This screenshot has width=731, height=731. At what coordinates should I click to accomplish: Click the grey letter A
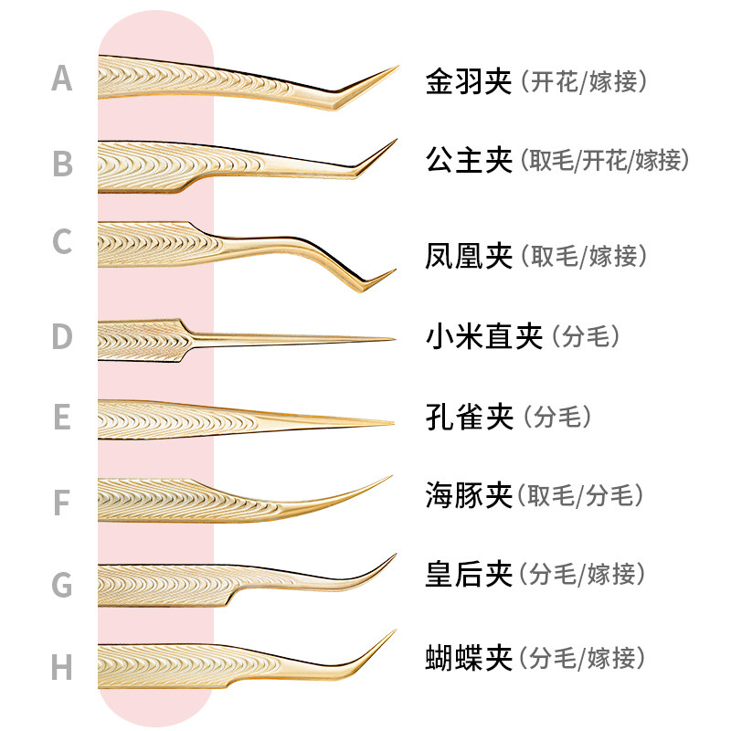(x=61, y=79)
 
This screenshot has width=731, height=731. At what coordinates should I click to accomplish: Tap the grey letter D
(x=61, y=336)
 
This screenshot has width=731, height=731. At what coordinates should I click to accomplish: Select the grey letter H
(x=61, y=667)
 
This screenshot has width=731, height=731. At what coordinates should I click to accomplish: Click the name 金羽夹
(x=469, y=81)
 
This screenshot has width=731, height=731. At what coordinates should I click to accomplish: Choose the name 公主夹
(x=469, y=161)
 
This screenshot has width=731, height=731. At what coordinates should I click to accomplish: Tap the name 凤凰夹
(x=469, y=256)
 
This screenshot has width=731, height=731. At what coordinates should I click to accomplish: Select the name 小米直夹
(x=483, y=336)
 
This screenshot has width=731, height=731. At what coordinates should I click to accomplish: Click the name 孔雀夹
(x=469, y=417)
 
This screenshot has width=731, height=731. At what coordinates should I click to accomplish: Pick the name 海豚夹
(x=469, y=495)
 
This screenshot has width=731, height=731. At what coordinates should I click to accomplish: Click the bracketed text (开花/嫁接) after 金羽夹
(x=585, y=81)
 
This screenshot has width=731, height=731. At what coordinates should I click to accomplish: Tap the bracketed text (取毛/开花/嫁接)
(x=605, y=161)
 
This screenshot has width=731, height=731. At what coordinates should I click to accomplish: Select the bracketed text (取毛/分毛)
(x=581, y=495)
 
